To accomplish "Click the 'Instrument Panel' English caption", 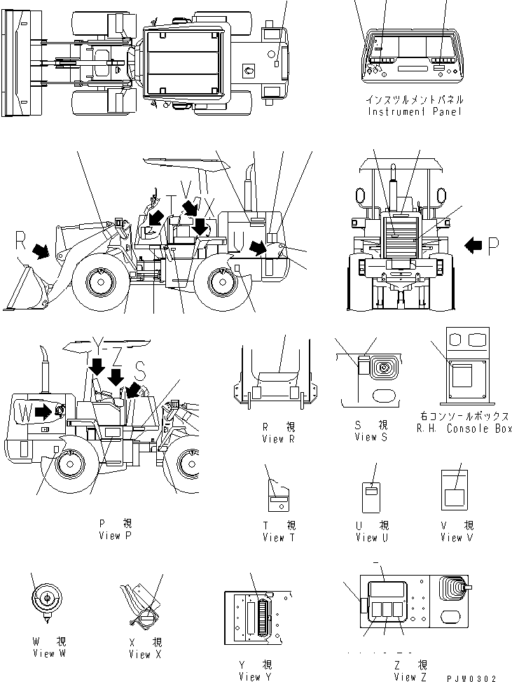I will [x=415, y=112].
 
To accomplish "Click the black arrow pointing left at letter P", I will [x=473, y=244].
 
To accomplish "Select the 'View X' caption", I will [x=145, y=654].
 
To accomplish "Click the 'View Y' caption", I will [x=254, y=676].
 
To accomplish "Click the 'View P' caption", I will [x=116, y=535].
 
